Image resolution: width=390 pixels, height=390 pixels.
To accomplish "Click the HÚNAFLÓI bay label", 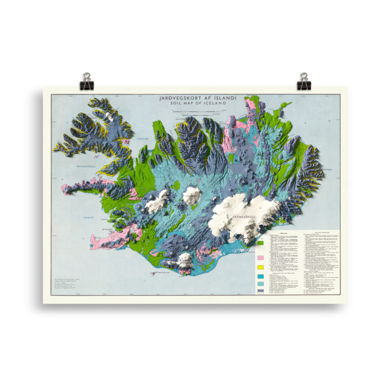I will [141, 138].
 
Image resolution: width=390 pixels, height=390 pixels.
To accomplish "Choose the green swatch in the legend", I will [261, 244].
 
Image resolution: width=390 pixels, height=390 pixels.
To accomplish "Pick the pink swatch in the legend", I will [261, 258].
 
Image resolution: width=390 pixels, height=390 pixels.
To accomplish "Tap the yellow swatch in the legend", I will [261, 267].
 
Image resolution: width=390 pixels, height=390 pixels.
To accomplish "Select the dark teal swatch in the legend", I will [261, 276].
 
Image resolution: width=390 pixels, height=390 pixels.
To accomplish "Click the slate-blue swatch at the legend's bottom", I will [261, 290].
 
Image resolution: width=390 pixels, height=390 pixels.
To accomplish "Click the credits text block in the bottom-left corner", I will [68, 283].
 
